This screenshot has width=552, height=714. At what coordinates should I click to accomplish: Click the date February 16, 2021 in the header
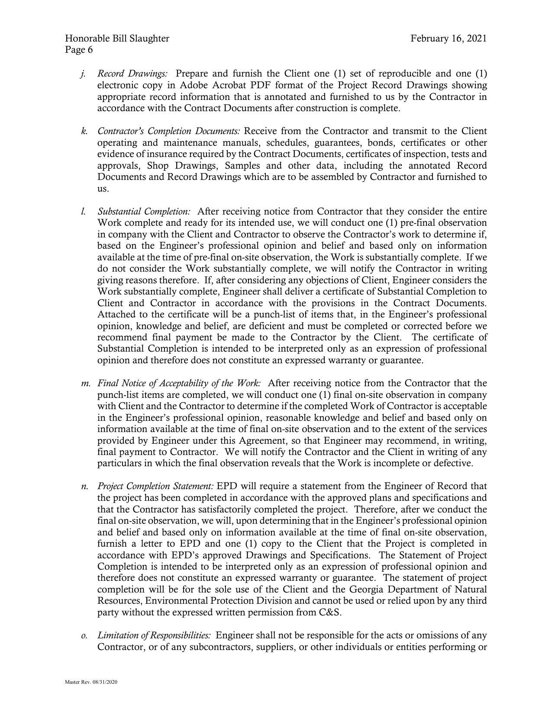pyautogui.click(x=449, y=38)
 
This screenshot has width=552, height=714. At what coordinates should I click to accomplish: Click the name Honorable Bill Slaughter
pyautogui.click(x=117, y=38)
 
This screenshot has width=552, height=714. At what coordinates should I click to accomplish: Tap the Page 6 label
pyautogui.click(x=79, y=50)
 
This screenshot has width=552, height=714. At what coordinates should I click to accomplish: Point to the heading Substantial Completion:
pyautogui.click(x=144, y=211)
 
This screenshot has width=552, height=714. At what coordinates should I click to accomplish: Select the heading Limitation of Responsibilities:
pyautogui.click(x=154, y=635)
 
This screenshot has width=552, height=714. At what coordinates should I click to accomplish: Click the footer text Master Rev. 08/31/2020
pyautogui.click(x=91, y=682)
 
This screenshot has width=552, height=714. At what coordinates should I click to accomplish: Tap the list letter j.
pyautogui.click(x=82, y=74)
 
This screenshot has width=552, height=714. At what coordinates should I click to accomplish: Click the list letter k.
pyautogui.click(x=84, y=131)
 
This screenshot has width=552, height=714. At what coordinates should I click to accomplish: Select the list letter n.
pyautogui.click(x=84, y=487)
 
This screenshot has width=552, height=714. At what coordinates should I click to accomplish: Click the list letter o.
pyautogui.click(x=84, y=636)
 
